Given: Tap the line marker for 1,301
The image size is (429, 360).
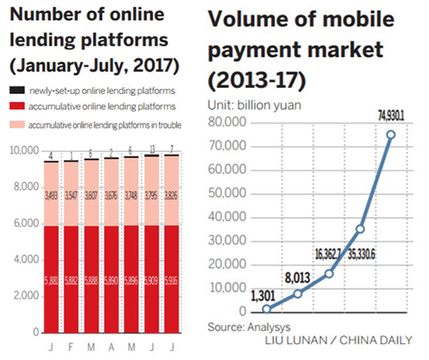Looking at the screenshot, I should [266, 309].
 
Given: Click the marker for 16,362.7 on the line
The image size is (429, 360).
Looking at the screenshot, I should [328, 274].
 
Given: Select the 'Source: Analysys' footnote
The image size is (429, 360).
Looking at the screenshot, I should [248, 327].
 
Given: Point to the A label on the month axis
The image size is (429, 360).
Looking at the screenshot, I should [112, 349].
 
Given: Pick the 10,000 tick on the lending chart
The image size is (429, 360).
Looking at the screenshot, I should [24, 151].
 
